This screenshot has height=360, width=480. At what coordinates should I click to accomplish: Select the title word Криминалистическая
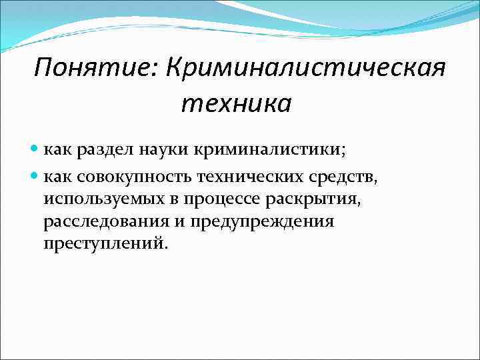click(307, 67)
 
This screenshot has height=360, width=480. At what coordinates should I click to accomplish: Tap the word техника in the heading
click(236, 103)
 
